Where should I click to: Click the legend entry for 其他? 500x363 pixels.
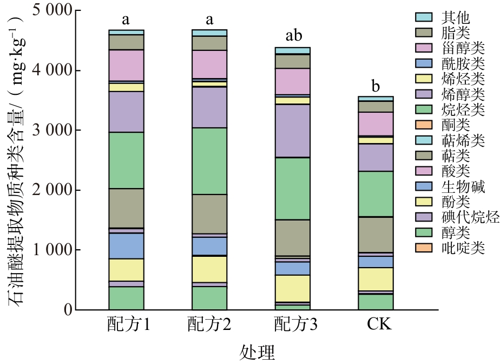pyautogui.click(x=443, y=17)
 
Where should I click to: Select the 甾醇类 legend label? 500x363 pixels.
pyautogui.click(x=463, y=48)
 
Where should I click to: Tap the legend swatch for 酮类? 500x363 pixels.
pyautogui.click(x=424, y=125)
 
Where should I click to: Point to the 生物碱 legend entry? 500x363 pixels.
pyautogui.click(x=450, y=186)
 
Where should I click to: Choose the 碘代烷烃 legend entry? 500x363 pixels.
pyautogui.click(x=457, y=217)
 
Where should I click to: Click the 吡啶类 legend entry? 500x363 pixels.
pyautogui.click(x=450, y=248)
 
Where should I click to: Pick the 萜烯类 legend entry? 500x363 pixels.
pyautogui.click(x=450, y=140)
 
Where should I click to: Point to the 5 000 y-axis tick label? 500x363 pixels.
pyautogui.click(x=52, y=10)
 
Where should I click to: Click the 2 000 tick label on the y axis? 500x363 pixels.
pyautogui.click(x=52, y=190)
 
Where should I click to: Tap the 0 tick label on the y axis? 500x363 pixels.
pyautogui.click(x=68, y=310)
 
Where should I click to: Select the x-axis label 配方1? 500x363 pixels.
pyautogui.click(x=128, y=325)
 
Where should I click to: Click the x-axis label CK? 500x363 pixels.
pyautogui.click(x=379, y=325)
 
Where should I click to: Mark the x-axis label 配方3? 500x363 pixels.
pyautogui.click(x=295, y=325)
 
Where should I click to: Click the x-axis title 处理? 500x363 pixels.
pyautogui.click(x=257, y=353)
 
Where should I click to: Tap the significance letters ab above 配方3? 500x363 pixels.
pyautogui.click(x=293, y=35)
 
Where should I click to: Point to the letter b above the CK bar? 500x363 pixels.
pyautogui.click(x=376, y=86)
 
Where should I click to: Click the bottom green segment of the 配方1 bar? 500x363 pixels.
pyautogui.click(x=126, y=298)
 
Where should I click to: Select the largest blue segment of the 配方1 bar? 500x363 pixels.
pyautogui.click(x=126, y=246)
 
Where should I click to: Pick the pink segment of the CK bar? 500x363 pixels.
pyautogui.click(x=376, y=124)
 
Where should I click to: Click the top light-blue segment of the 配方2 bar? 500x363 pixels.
pyautogui.click(x=209, y=33)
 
